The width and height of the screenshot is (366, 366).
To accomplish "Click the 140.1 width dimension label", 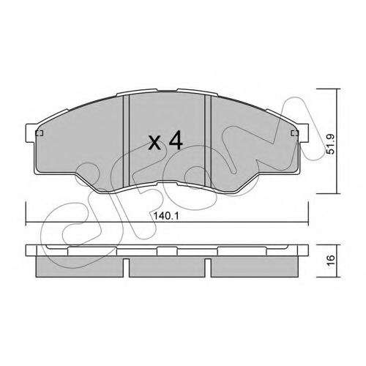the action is point(166,216).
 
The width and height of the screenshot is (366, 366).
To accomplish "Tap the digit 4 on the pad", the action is point(176,141).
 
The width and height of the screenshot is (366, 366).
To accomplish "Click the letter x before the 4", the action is point(155,143).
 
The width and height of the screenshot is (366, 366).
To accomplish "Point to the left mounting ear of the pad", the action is point(31,133).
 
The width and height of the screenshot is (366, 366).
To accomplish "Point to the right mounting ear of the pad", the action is point(303,133).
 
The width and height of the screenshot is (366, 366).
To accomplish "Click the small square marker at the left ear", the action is point(39,133).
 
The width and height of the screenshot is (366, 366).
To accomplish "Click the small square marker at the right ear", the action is point(295,133).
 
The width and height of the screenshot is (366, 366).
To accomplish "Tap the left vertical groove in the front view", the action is point(126,141).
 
